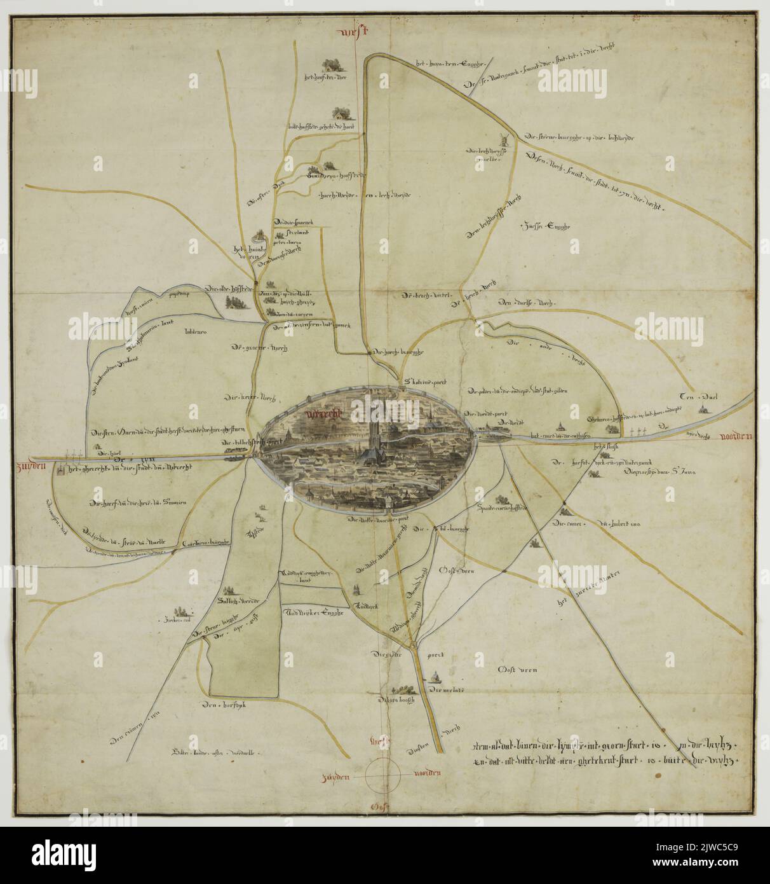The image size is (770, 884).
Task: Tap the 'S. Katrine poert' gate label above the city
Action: (x=426, y=383)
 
